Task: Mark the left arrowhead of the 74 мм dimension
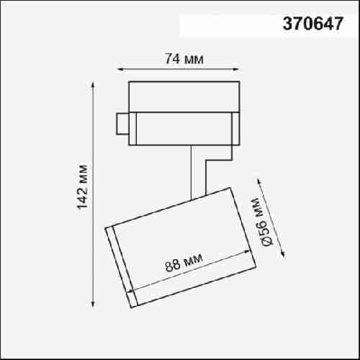coord(120,70)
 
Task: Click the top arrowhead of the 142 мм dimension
coord(93,85)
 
